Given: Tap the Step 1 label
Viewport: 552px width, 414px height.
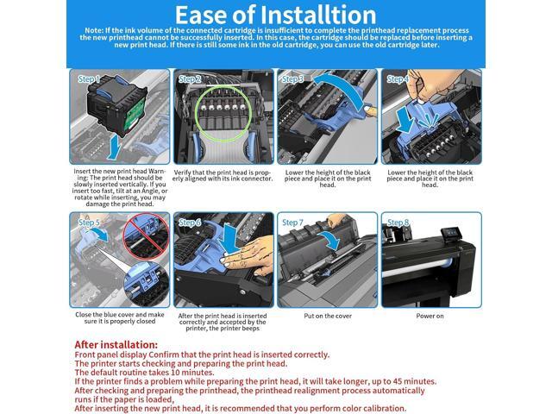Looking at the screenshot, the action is tap(89, 78).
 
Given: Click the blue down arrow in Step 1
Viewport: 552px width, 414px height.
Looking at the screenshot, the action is tap(114, 147).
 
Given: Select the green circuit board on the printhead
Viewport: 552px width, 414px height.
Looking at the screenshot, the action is tap(135, 113).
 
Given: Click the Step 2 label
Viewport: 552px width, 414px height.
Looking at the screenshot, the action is tap(190, 79).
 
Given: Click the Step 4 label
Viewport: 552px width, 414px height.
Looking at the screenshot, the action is tap(398, 79).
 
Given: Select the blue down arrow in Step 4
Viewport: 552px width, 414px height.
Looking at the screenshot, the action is tap(405, 120).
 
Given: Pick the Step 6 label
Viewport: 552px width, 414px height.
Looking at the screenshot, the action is tap(190, 223).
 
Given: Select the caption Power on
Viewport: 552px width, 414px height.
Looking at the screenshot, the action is tap(430, 317).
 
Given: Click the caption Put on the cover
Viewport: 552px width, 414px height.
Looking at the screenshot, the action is tap(328, 317).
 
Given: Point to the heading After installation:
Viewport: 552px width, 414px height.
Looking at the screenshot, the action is tap(116, 345).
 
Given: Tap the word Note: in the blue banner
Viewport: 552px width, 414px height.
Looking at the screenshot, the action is tap(94, 31).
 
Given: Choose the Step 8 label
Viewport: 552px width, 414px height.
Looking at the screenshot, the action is tap(398, 223).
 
